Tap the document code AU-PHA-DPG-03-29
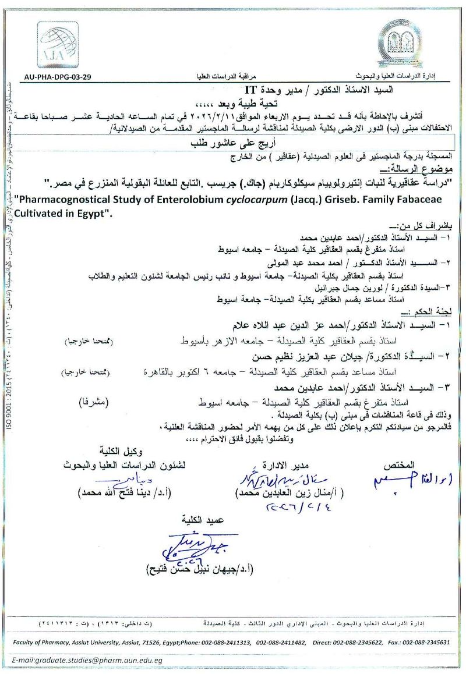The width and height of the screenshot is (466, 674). click(x=58, y=77)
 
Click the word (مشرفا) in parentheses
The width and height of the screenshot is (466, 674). click(x=93, y=401)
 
